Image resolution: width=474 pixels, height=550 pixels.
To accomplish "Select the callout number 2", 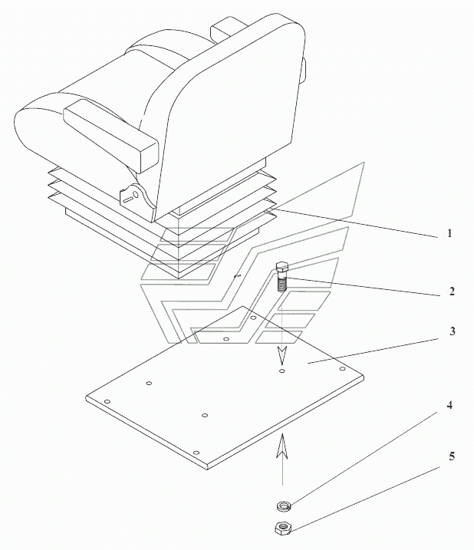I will (x=453, y=291).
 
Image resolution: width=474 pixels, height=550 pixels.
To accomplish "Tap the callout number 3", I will (x=453, y=331).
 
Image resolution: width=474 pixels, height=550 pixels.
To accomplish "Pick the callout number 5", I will (x=452, y=456).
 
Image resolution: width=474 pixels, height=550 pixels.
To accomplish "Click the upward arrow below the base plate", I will (x=282, y=453).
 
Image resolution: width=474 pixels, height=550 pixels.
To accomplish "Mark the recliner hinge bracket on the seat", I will (x=134, y=196).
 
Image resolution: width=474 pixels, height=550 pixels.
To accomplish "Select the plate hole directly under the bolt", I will (x=282, y=371).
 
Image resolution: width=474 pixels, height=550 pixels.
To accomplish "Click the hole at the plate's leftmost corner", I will (x=108, y=401).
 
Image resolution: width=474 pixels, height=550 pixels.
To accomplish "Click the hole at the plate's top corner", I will (x=253, y=316).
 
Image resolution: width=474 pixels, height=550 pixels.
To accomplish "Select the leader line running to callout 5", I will (x=368, y=491).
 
